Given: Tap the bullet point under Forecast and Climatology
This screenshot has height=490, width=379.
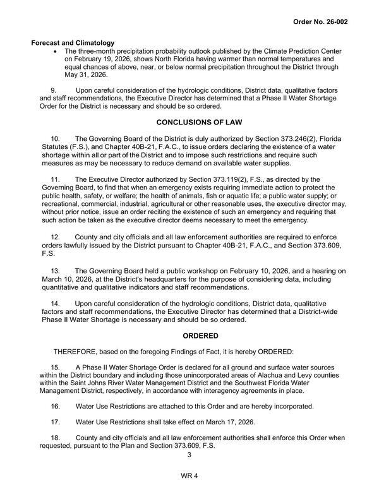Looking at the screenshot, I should point(58,51).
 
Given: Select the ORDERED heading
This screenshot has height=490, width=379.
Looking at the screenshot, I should point(189,335).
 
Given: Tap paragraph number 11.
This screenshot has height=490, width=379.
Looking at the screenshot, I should point(56,179).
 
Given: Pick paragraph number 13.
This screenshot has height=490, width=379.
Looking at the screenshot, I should point(56,270).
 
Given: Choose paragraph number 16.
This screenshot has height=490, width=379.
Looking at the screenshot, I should point(56,406).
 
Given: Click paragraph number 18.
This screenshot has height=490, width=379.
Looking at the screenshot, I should point(56,438).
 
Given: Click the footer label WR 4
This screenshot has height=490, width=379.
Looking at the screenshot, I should point(189,475).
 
